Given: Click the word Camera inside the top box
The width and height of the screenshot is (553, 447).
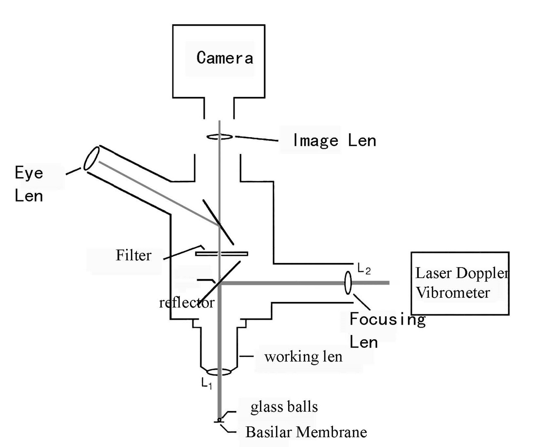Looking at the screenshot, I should (225, 58).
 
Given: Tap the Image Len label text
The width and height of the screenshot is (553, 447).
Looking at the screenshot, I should (334, 141).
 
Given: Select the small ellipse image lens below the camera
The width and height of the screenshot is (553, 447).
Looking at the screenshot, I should (220, 136).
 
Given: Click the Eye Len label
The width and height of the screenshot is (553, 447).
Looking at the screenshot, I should (29, 184).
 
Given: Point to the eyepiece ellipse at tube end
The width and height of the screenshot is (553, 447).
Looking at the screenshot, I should (91, 158).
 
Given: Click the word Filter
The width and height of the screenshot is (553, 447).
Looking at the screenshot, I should (133, 255).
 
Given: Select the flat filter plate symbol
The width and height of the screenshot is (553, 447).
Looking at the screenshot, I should (222, 253).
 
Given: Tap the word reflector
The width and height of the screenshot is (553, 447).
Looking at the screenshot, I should (187, 302).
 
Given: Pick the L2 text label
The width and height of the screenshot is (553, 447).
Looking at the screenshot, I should (364, 270).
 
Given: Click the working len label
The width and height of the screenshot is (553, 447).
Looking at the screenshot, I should (303, 357).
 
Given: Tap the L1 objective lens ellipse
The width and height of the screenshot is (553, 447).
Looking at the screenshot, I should (219, 372).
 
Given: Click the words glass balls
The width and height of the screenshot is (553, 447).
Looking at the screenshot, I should (284, 407).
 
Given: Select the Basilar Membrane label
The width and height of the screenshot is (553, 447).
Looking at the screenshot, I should (306, 432).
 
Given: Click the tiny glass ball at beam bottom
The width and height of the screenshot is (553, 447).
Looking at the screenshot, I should (219, 419).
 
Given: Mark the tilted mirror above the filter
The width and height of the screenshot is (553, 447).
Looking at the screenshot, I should (218, 222).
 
